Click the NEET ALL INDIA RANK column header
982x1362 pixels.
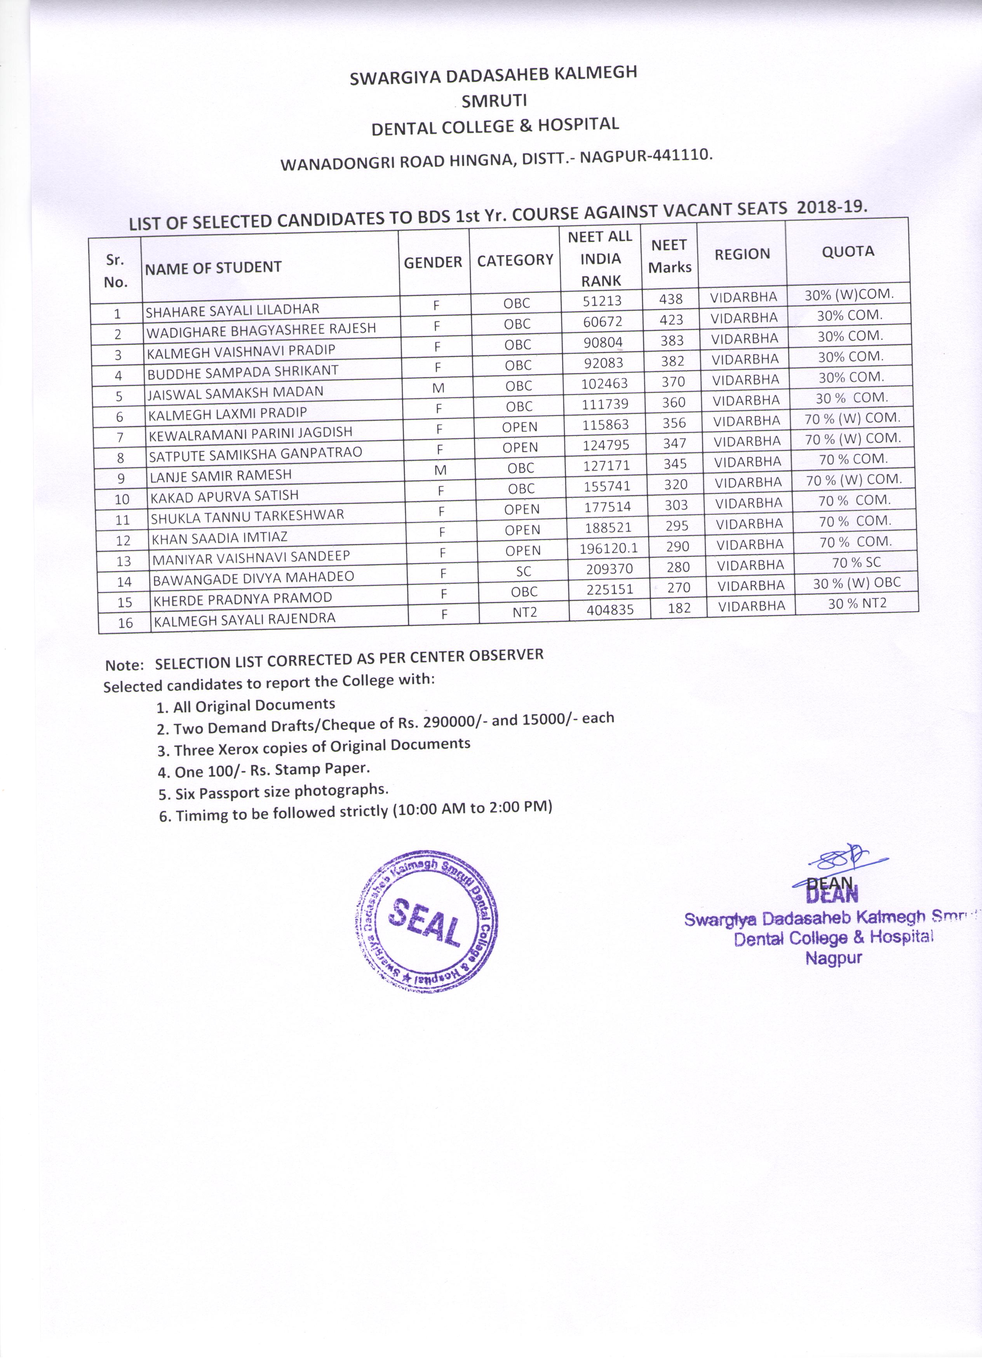[600, 258]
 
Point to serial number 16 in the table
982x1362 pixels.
[125, 623]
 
